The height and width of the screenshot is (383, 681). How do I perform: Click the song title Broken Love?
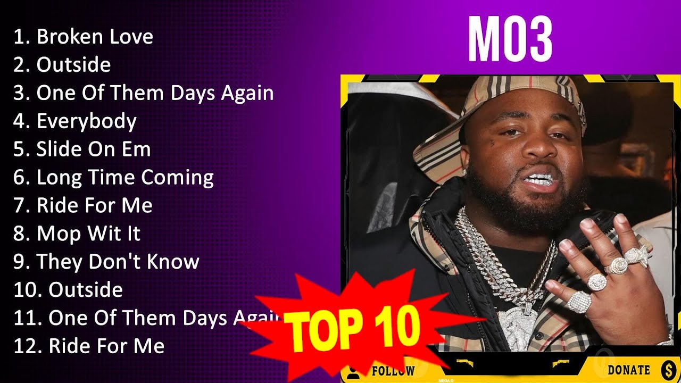click(x=94, y=37)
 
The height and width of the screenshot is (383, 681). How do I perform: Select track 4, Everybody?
click(x=86, y=121)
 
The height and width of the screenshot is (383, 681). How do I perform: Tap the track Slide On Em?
click(x=93, y=149)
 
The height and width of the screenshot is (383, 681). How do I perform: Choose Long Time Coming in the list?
click(x=124, y=177)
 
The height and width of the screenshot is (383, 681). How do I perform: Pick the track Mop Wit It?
click(x=88, y=234)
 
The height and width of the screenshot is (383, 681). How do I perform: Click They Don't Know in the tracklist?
click(x=118, y=262)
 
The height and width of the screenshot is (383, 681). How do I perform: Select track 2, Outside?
click(x=73, y=65)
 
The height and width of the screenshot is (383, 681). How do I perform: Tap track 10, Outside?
click(x=85, y=290)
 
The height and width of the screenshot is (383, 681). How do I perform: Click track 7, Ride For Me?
click(x=94, y=205)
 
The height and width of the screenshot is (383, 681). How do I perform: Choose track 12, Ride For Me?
click(x=106, y=346)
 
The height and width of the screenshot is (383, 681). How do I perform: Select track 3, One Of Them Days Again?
click(x=155, y=93)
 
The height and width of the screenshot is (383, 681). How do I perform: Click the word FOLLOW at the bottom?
click(x=393, y=371)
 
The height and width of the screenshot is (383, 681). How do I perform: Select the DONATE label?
click(x=628, y=370)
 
